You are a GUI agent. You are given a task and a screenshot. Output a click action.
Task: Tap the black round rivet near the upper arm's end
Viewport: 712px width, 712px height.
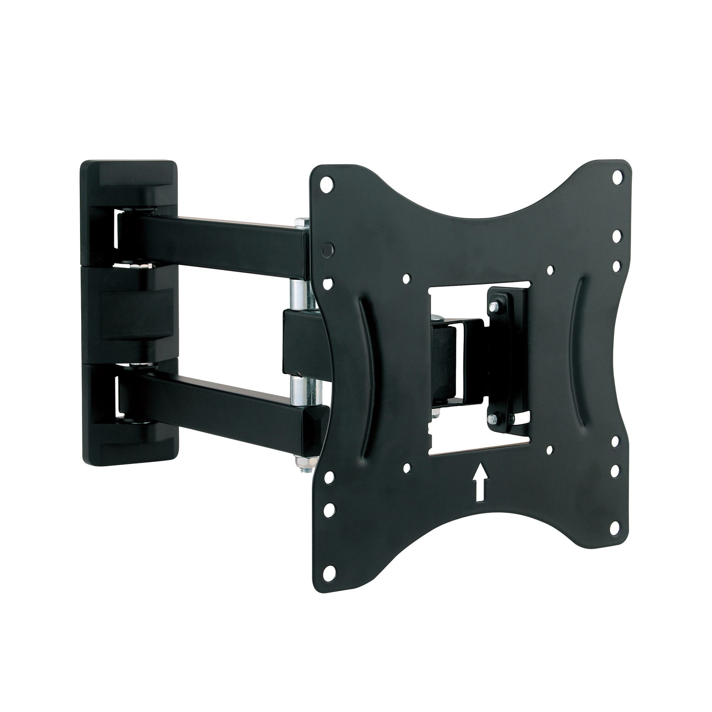tap(326, 248)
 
